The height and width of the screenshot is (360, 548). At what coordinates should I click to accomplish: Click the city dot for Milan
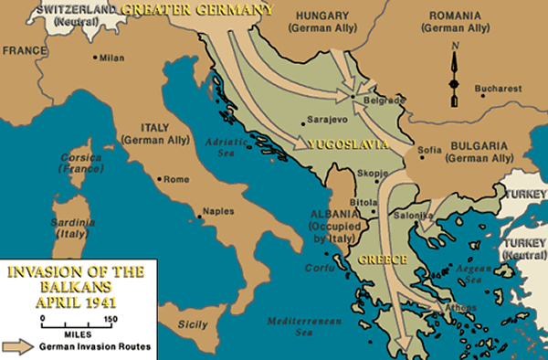point(96,58)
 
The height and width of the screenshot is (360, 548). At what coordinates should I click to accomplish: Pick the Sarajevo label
point(319,119)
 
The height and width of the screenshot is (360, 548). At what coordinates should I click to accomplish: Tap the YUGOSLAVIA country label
point(352,145)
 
